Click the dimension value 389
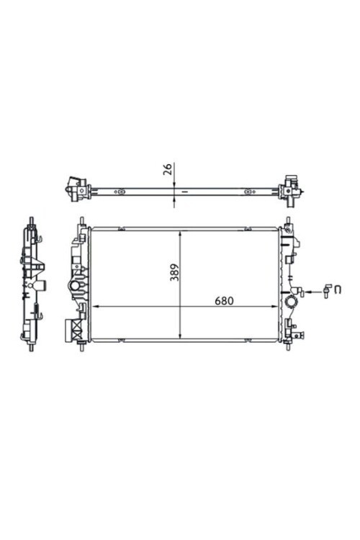[175, 272]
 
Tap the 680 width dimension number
[224, 301]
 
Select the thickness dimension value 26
[168, 169]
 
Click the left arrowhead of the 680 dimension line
[96, 306]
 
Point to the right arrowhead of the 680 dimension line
[274, 306]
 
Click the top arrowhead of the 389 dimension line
[180, 235]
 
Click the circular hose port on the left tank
[75, 286]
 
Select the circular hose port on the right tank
[292, 302]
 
